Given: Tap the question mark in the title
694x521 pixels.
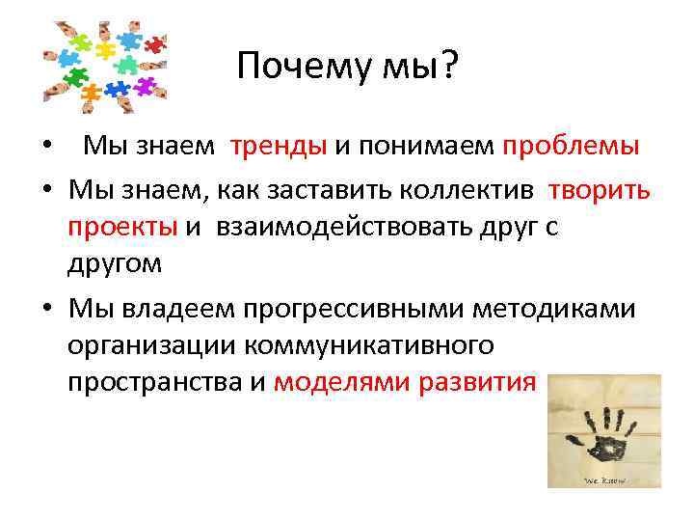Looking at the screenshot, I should pyautogui.click(x=449, y=68).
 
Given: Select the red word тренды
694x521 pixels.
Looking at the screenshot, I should pyautogui.click(x=279, y=147).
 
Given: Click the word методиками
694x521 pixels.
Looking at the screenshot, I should pyautogui.click(x=575, y=308).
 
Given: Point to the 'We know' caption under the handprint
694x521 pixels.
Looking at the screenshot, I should pyautogui.click(x=604, y=479).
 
